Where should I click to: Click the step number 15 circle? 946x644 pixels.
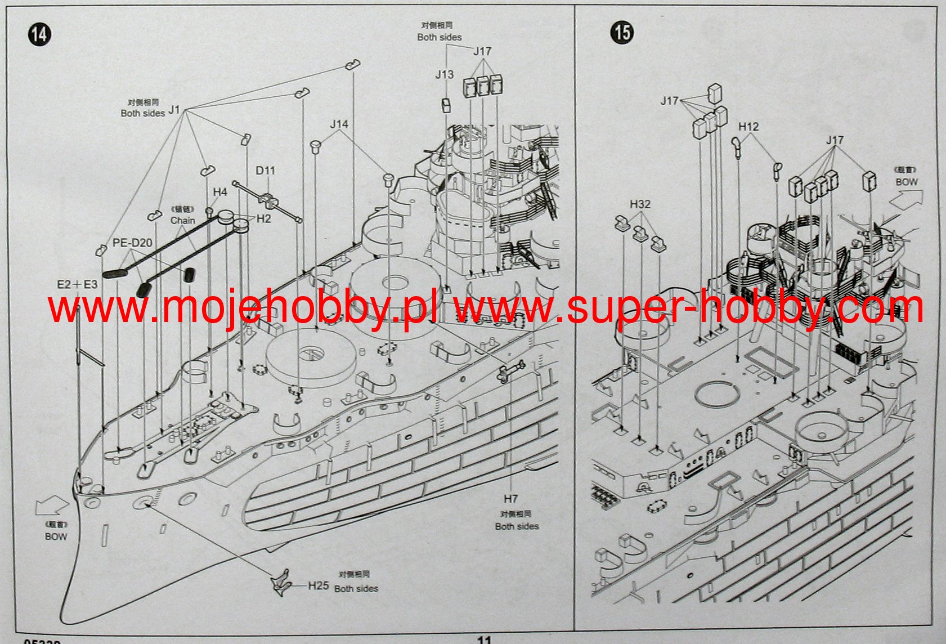(x=622, y=32)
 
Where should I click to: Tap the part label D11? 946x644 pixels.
(x=265, y=171)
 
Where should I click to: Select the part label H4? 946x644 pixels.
(x=220, y=193)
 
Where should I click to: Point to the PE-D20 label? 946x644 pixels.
(x=132, y=243)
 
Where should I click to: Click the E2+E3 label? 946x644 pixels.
(x=77, y=284)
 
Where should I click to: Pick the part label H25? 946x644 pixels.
(x=318, y=585)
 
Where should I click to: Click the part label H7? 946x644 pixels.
(x=510, y=499)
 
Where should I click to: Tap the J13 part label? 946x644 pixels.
(x=444, y=74)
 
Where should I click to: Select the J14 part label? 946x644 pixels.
(x=339, y=124)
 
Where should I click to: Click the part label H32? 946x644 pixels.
(x=640, y=204)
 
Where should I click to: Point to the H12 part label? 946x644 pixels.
(x=748, y=127)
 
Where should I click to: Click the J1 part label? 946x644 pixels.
(x=174, y=110)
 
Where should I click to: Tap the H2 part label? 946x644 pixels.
(x=264, y=218)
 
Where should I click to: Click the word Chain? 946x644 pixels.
(x=183, y=221)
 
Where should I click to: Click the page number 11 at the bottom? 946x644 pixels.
(x=484, y=640)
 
